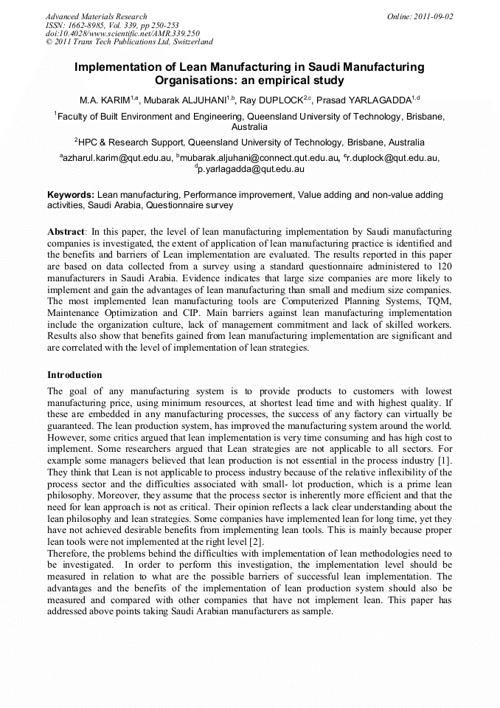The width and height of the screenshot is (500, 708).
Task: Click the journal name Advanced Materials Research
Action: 97,16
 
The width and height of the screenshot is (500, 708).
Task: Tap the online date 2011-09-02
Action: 431,16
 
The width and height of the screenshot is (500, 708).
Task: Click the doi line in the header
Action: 122,33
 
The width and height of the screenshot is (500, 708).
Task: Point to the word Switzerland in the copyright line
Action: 189,42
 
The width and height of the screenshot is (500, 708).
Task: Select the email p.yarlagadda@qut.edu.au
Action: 251,168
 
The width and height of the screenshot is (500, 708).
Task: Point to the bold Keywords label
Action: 71,195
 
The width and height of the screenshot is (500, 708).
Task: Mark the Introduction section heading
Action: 75,375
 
